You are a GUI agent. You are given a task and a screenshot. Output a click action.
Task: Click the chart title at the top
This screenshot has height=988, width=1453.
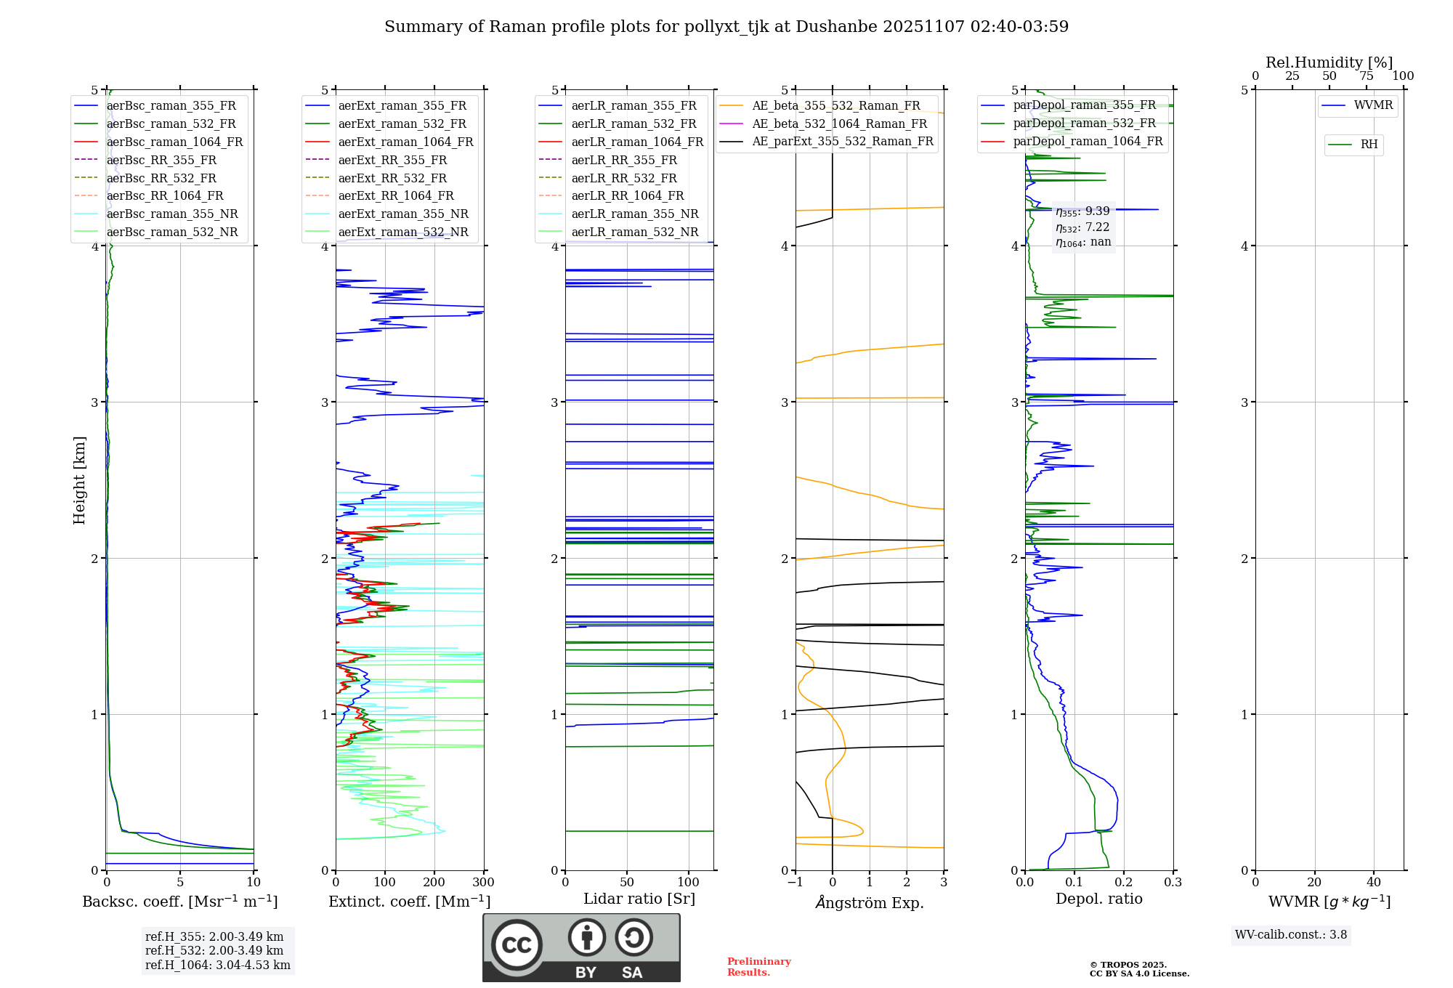coord(726,27)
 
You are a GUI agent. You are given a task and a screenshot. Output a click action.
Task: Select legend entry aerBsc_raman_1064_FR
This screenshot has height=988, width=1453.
coord(174,142)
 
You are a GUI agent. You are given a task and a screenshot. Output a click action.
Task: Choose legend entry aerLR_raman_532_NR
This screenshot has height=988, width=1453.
coord(634,232)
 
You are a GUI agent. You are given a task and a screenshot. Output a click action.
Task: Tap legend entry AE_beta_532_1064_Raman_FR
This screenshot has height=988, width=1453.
coord(839,123)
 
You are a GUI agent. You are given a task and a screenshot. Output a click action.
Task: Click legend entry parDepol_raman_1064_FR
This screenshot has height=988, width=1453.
coord(1088,141)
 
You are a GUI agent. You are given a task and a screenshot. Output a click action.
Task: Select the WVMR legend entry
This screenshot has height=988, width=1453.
coord(1373,105)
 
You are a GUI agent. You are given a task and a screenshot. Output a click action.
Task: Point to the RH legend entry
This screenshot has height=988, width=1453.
coord(1369,145)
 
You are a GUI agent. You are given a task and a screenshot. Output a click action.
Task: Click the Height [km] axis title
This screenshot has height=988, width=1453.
coord(79,480)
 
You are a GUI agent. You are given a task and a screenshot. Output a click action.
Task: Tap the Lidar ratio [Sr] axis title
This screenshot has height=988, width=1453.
coord(639,899)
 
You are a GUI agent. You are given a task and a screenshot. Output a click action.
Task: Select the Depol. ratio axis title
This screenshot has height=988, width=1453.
coord(1098,899)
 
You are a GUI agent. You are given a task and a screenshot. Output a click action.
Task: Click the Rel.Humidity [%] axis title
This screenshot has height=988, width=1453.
coord(1329,62)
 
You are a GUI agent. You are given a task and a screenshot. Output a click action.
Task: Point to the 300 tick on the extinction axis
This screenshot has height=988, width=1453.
coord(483,883)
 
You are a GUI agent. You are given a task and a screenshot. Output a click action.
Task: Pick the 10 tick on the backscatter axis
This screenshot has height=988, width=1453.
coord(254,883)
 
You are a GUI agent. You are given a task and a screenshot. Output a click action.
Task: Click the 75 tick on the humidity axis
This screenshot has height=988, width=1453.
coord(1366,76)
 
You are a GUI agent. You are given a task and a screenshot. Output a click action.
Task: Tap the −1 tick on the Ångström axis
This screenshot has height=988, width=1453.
coord(796,883)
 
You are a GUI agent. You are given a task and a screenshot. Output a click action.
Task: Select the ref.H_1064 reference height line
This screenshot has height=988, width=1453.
coord(217,965)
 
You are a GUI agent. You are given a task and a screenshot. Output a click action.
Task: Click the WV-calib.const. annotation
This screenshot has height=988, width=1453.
coord(1290,934)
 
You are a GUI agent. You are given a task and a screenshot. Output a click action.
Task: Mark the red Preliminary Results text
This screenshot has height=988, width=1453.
coord(758,966)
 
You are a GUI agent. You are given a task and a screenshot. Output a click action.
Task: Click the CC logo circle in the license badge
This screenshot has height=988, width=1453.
coord(517,945)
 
